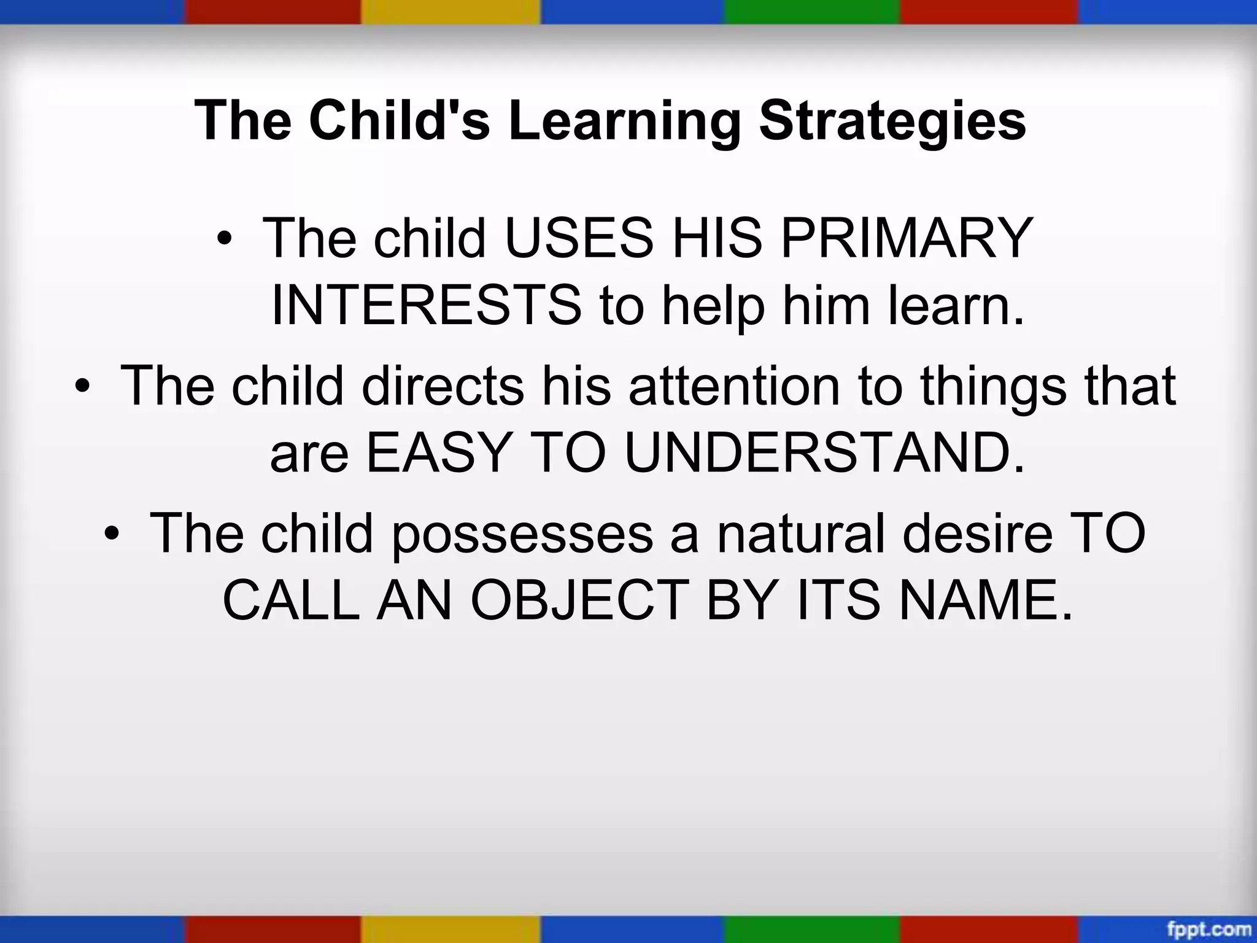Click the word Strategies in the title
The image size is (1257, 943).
click(892, 120)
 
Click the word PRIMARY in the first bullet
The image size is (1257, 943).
click(907, 238)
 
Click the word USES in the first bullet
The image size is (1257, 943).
click(579, 238)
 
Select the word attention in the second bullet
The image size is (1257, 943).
click(734, 386)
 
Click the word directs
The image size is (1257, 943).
click(443, 386)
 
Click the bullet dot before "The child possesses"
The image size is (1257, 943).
click(110, 533)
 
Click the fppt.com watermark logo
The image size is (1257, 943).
click(1209, 929)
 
